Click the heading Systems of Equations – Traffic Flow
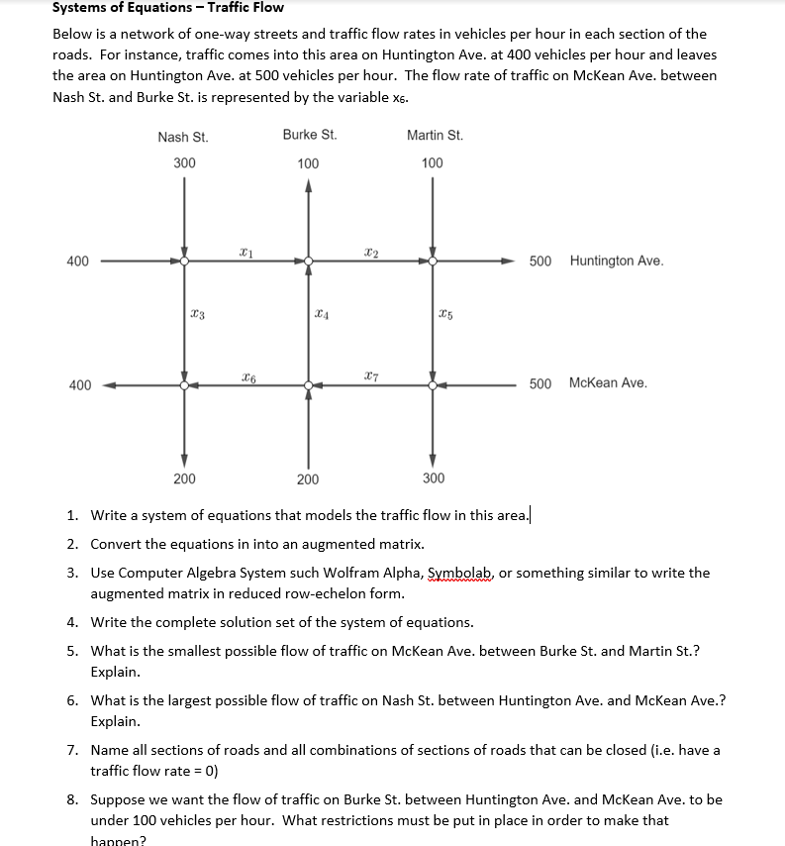click(167, 8)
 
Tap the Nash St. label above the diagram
click(182, 137)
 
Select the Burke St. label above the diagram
click(309, 135)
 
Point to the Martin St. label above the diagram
click(435, 136)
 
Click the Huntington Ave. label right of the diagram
click(617, 262)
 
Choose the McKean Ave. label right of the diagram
click(608, 383)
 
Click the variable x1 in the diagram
click(245, 253)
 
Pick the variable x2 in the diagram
click(369, 253)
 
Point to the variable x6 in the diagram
click(245, 374)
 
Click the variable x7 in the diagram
click(369, 374)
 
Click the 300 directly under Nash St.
click(184, 162)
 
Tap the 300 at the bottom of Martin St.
click(434, 478)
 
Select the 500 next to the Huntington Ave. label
click(540, 262)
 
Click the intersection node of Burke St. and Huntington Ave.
click(309, 262)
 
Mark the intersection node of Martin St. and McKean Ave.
click(433, 384)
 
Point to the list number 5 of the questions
click(73, 651)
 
